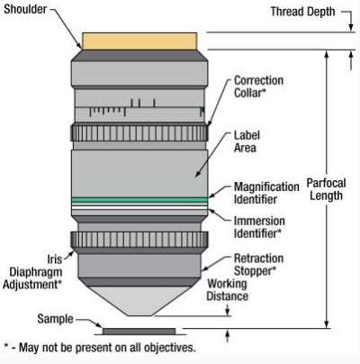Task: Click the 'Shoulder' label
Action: [25, 9]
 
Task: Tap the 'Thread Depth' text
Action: [302, 12]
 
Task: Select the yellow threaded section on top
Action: [139, 41]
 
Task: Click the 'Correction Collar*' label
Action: [258, 86]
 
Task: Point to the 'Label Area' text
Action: [247, 141]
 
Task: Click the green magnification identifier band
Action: [139, 200]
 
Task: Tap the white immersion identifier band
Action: [139, 208]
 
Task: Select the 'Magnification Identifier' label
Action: [266, 193]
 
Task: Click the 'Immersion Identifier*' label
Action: [259, 227]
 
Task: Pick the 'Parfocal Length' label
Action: [326, 189]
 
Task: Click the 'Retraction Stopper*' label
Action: [258, 265]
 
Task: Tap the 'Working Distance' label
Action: [227, 290]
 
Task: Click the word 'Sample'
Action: [55, 319]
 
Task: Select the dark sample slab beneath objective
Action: [139, 332]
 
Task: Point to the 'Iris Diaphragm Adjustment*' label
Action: [32, 272]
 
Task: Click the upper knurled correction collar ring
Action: [139, 132]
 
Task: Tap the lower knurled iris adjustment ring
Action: [139, 240]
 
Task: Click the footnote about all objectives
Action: [100, 348]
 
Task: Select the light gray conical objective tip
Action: [139, 301]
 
